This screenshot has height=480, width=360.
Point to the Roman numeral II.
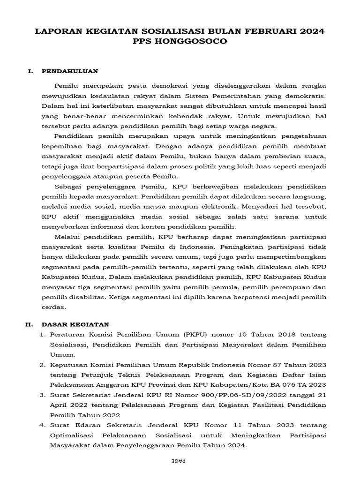point(29,324)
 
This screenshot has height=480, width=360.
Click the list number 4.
point(42,425)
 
